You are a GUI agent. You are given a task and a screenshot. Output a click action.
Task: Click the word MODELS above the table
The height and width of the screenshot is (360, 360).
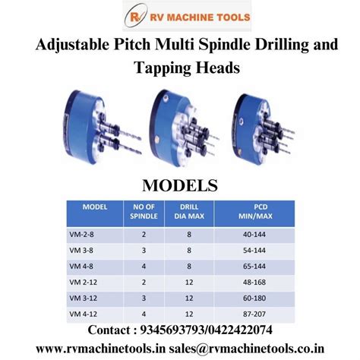tap(180, 185)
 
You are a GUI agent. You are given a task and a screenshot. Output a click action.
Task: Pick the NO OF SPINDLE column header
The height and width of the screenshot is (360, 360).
tap(144, 210)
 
